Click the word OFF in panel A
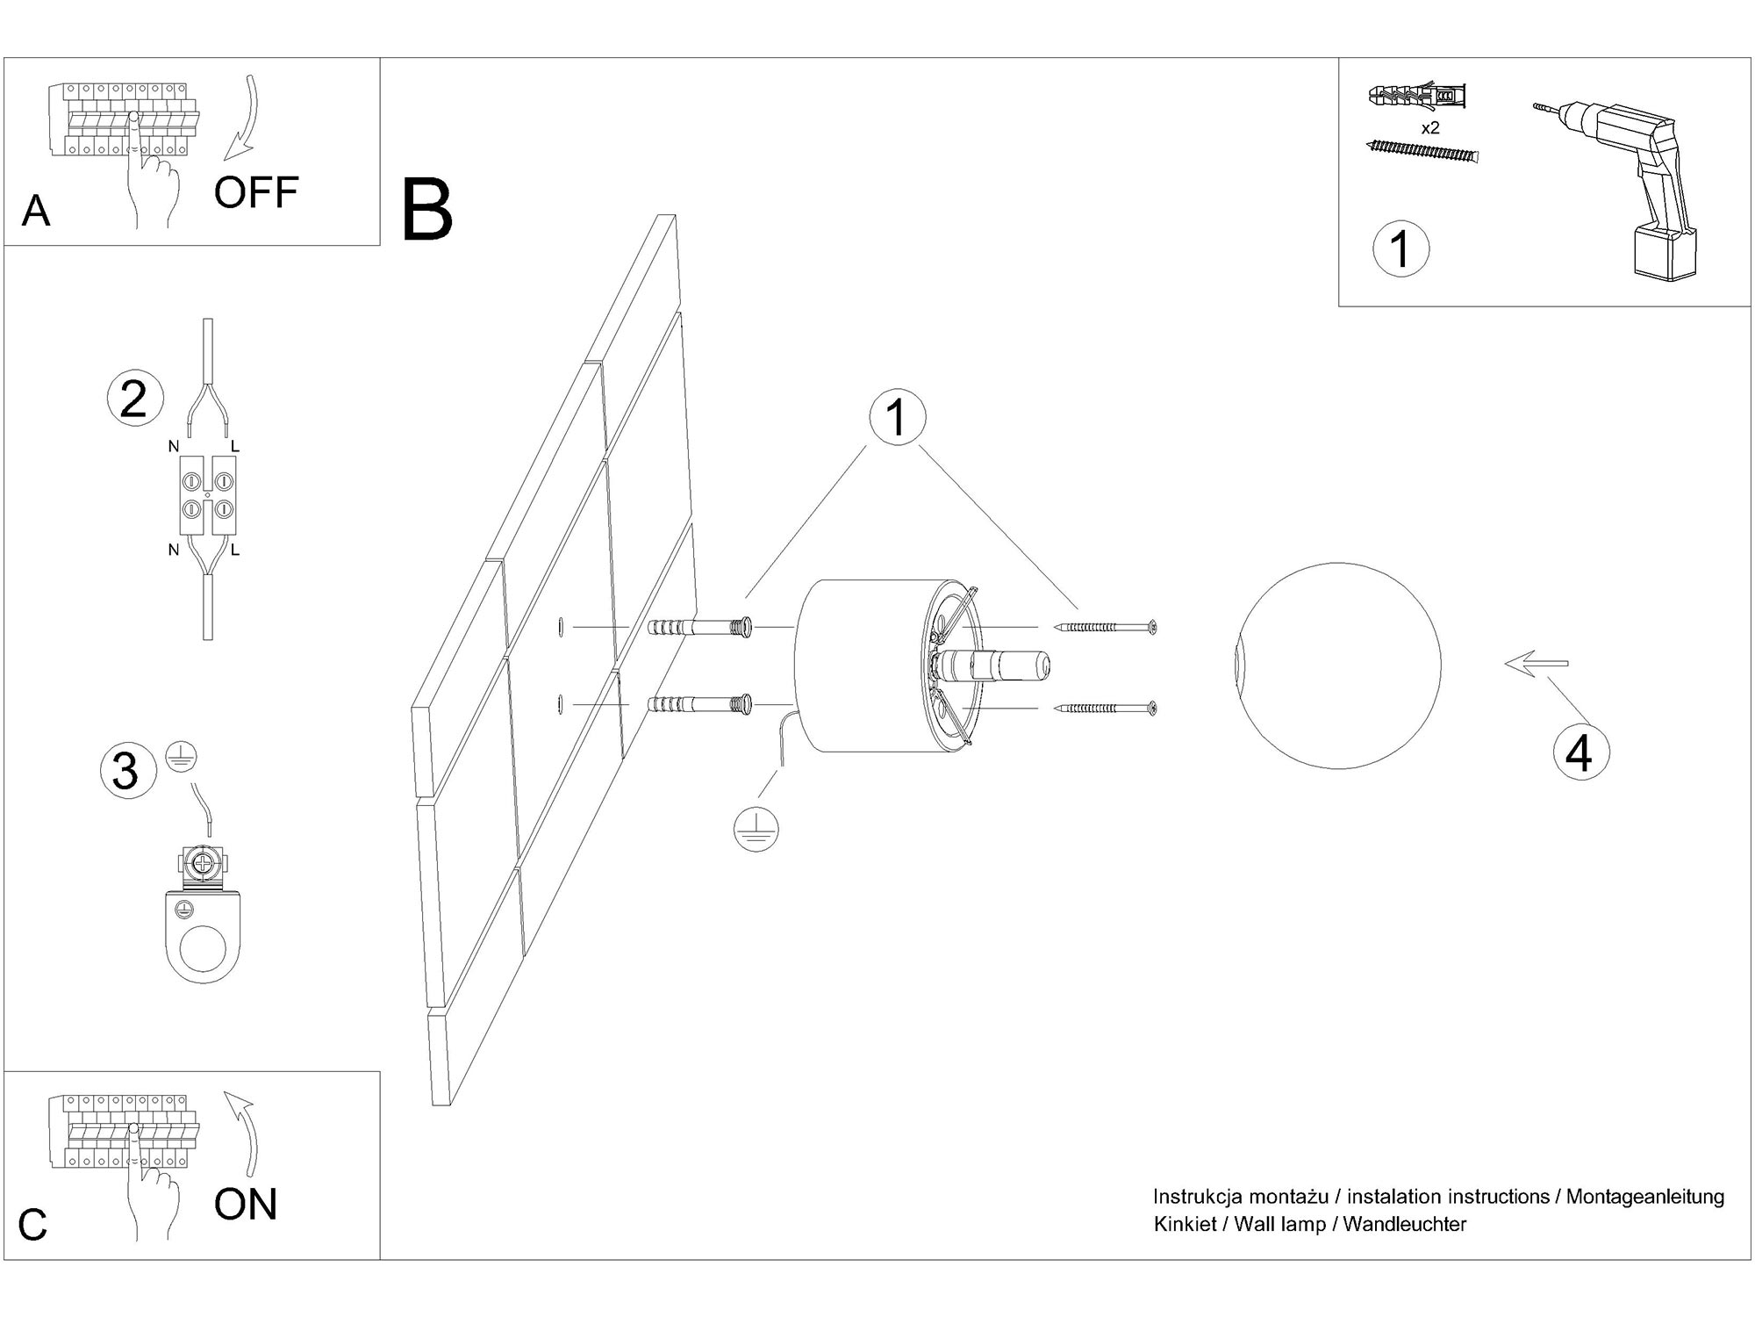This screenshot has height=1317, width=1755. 256,191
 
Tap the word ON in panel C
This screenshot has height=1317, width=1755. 246,1204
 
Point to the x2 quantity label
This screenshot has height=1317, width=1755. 1430,128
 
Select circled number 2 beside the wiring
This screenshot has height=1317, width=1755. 134,399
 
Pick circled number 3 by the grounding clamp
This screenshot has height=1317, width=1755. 126,770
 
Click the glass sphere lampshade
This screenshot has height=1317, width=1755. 1337,666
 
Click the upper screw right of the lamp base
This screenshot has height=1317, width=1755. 1106,627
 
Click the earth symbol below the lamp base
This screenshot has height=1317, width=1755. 756,830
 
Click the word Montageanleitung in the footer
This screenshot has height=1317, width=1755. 1645,1197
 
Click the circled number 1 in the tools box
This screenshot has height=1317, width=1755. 1400,248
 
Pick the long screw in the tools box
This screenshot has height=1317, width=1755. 1422,152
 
